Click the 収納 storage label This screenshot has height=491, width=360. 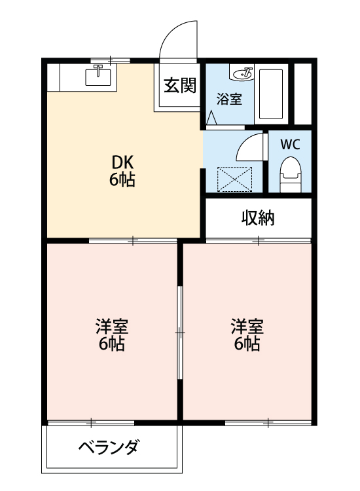pyautogui.click(x=258, y=218)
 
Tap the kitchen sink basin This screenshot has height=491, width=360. pyautogui.click(x=99, y=78)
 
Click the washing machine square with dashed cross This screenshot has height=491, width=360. pyautogui.click(x=234, y=177)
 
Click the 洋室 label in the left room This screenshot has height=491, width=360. pyautogui.click(x=111, y=326)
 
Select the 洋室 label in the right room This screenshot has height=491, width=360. pyautogui.click(x=247, y=326)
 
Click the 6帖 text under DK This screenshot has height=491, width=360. pyautogui.click(x=122, y=181)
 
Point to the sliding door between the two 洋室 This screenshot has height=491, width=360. pyautogui.click(x=180, y=332)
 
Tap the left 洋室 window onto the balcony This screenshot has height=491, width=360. pyautogui.click(x=92, y=422)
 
